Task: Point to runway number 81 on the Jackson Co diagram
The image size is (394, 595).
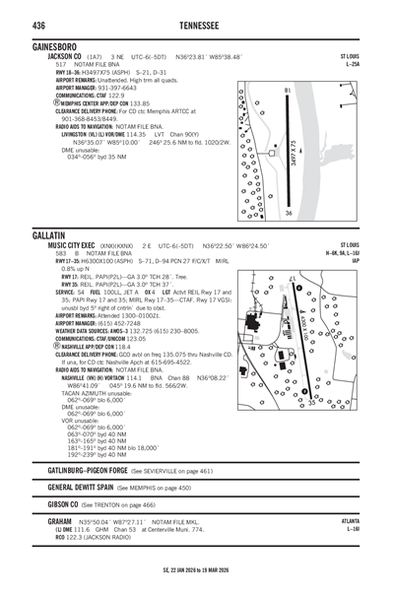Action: pos(288,91)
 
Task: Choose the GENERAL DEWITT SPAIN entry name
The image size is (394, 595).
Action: pos(79,487)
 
